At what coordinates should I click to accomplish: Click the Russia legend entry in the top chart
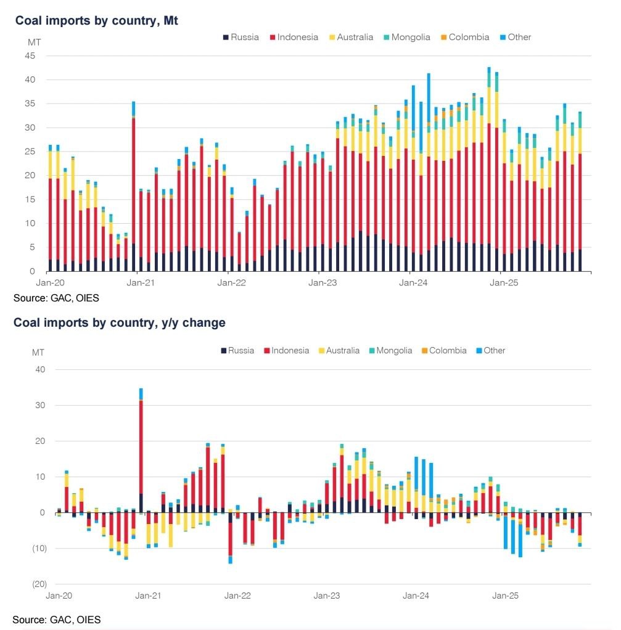[241, 37]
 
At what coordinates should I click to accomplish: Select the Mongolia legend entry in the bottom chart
[390, 350]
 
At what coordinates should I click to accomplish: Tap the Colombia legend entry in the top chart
[464, 37]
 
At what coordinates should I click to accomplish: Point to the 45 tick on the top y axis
[31, 56]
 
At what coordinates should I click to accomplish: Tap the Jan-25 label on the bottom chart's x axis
[504, 596]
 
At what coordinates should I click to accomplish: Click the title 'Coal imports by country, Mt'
[97, 20]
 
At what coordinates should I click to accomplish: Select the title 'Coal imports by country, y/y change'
[119, 322]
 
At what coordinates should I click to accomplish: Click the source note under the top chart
[56, 298]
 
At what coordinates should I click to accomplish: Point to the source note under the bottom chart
[56, 619]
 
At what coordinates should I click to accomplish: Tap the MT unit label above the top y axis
[35, 43]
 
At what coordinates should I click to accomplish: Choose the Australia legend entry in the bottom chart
[338, 350]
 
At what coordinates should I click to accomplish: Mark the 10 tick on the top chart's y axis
[31, 223]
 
